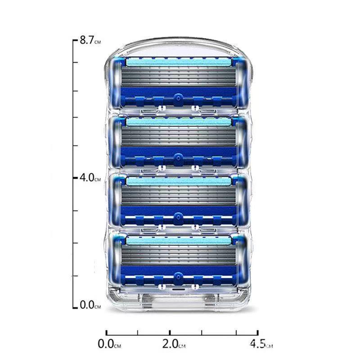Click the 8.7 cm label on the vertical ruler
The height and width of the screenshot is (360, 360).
tap(90, 40)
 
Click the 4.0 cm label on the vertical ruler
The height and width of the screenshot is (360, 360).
tap(90, 177)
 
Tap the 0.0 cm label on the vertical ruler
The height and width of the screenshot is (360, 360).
tap(90, 305)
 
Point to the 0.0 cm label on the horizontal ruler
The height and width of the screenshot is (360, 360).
tap(109, 344)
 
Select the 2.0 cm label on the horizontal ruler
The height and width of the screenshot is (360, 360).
tap(174, 344)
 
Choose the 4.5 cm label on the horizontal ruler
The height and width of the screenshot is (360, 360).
tap(261, 344)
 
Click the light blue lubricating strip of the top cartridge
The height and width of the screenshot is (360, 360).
tap(179, 62)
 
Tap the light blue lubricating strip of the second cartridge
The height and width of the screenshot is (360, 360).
tap(179, 121)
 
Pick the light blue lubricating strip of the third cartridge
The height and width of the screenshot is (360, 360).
tap(179, 181)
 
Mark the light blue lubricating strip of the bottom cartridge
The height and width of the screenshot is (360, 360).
tap(179, 241)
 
